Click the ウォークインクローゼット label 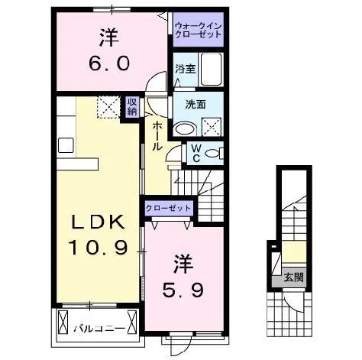pos(199,30)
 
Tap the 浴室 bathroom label pos(186,69)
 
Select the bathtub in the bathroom pos(212,70)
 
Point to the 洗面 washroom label pos(196,105)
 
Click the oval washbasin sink pos(185,129)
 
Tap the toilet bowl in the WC pos(213,154)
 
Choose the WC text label pos(196,154)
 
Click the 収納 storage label pos(132,106)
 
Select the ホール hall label pos(157,136)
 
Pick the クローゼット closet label pos(168,208)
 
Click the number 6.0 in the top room pos(109,63)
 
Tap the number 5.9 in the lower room pos(183,290)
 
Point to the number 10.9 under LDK pos(98,248)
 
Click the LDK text pos(98,222)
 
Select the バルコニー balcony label pos(99,329)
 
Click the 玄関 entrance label pos(294,277)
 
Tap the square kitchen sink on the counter pos(66,145)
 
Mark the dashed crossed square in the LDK pos(108,107)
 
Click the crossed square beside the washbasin pos(212,127)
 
